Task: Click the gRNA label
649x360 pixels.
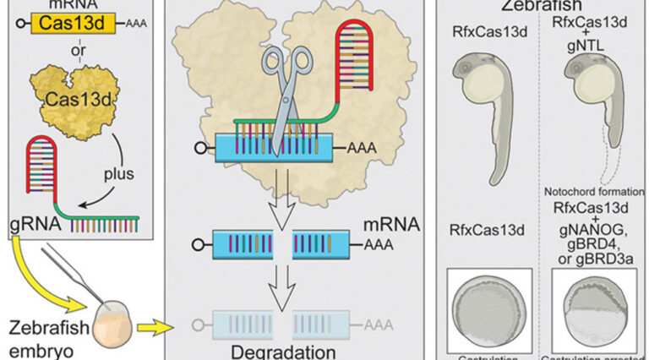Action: point(30,225)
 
